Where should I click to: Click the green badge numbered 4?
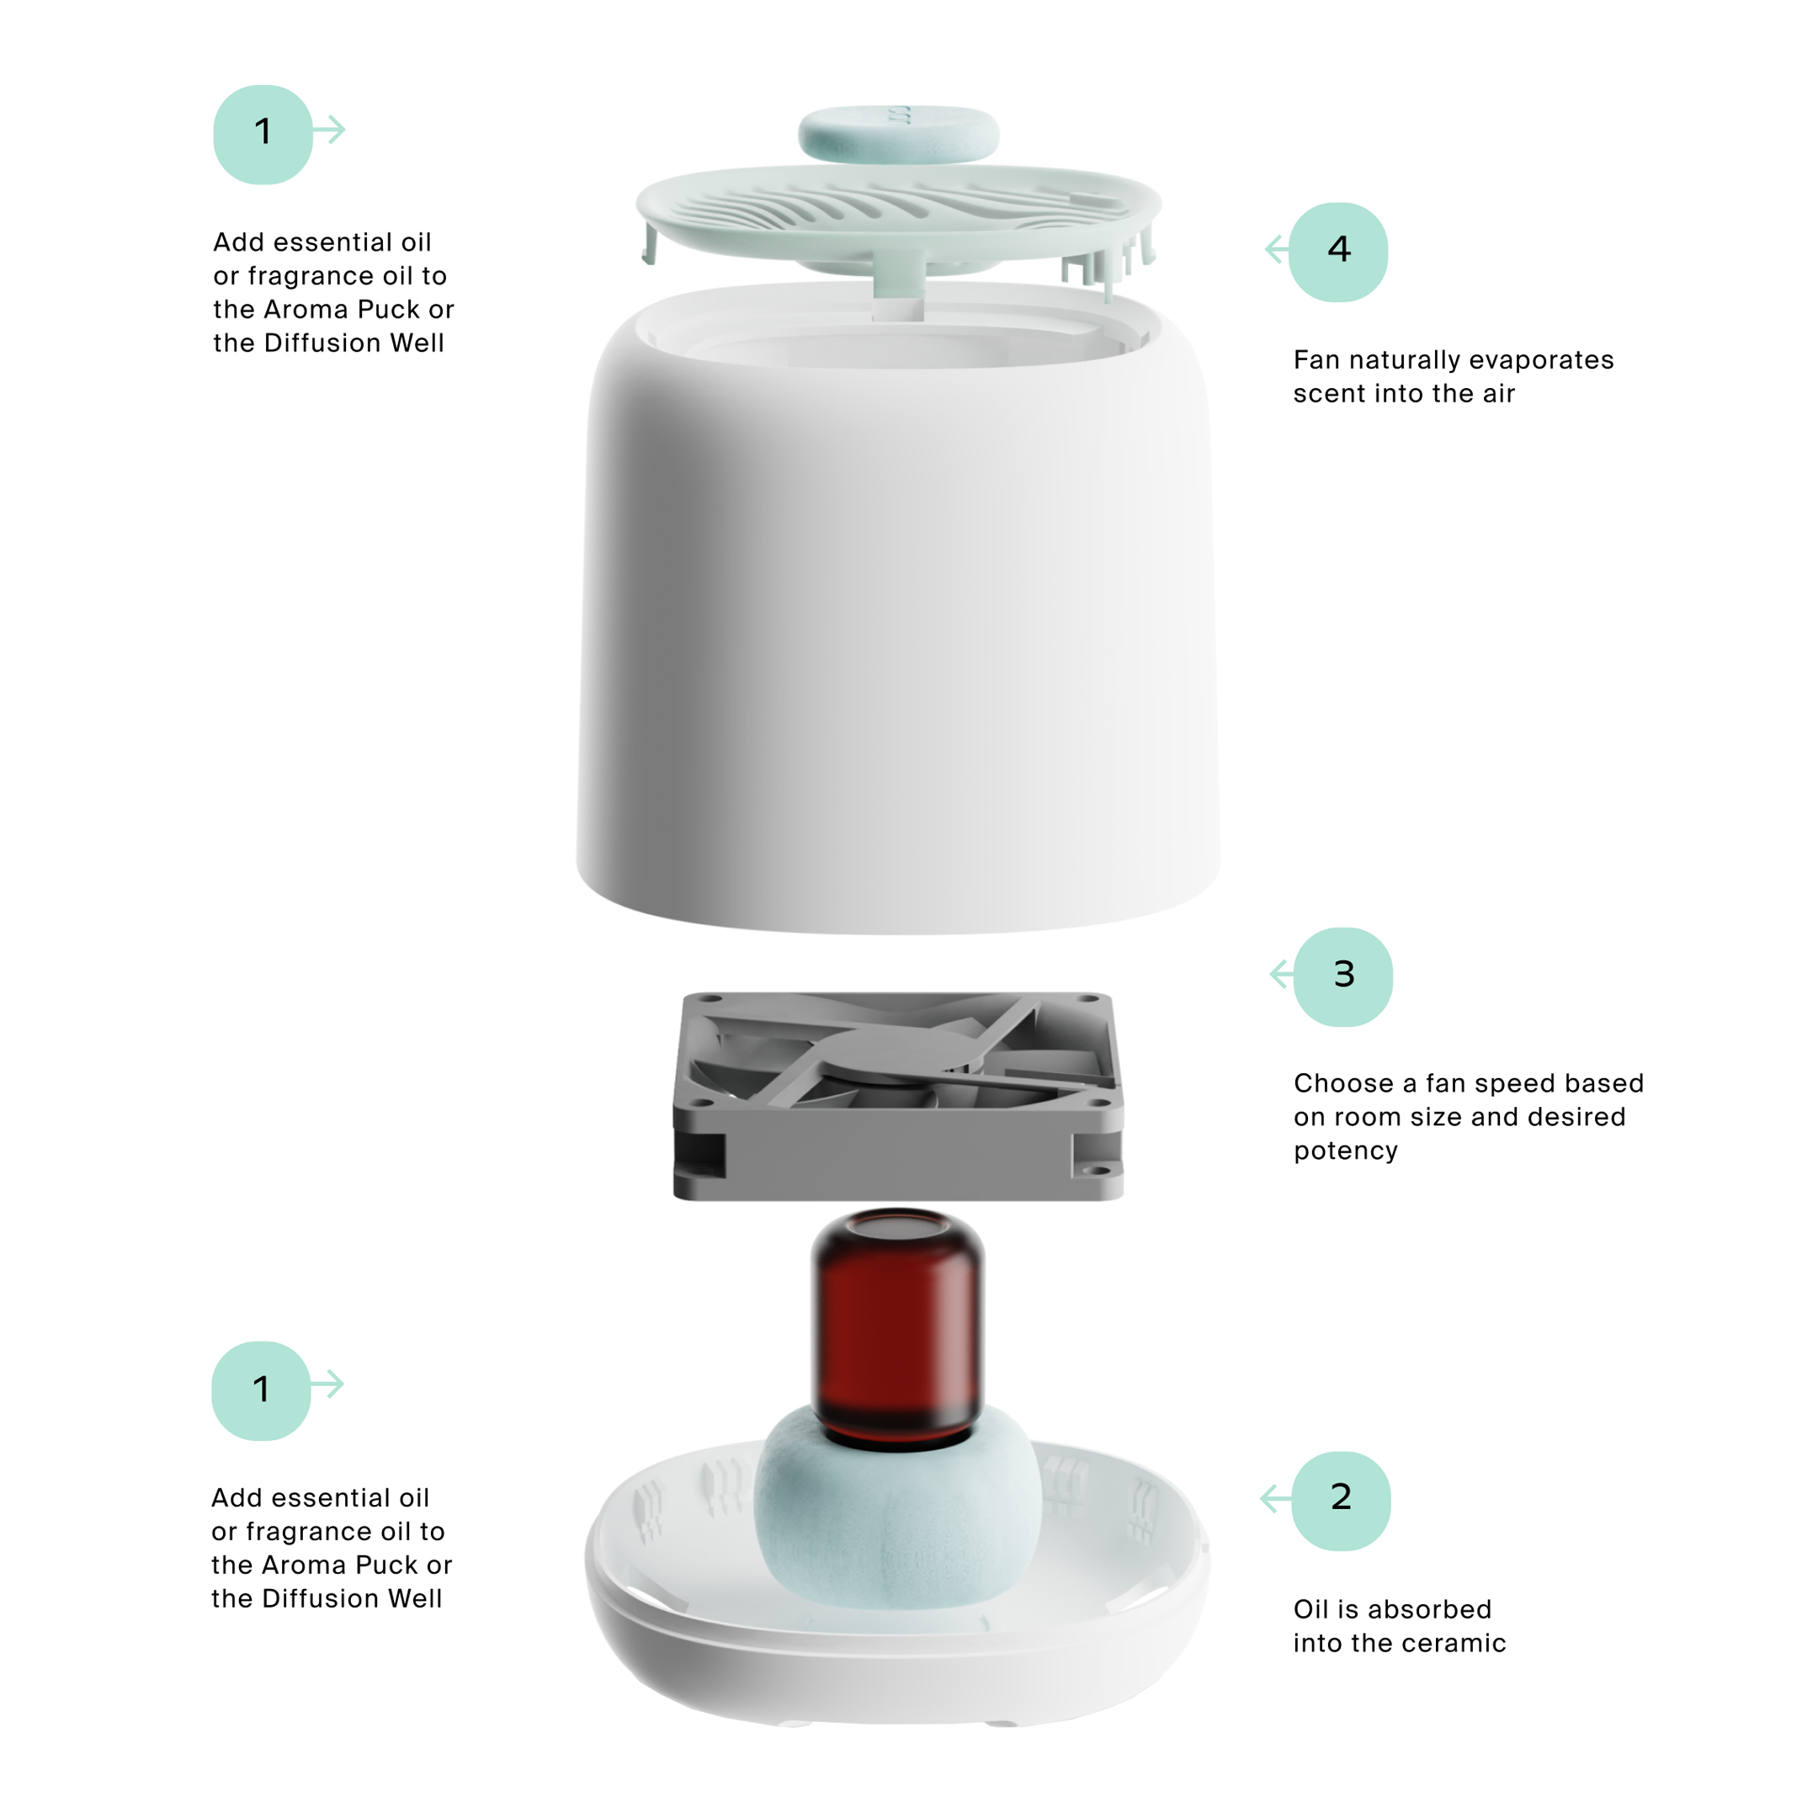click(x=1338, y=252)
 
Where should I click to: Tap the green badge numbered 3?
click(x=1342, y=976)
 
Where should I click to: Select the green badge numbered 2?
click(x=1341, y=1500)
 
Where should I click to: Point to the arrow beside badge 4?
click(x=1277, y=249)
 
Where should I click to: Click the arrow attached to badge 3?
click(x=1282, y=974)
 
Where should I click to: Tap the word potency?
click(x=1346, y=1151)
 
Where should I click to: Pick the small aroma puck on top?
click(x=898, y=134)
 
